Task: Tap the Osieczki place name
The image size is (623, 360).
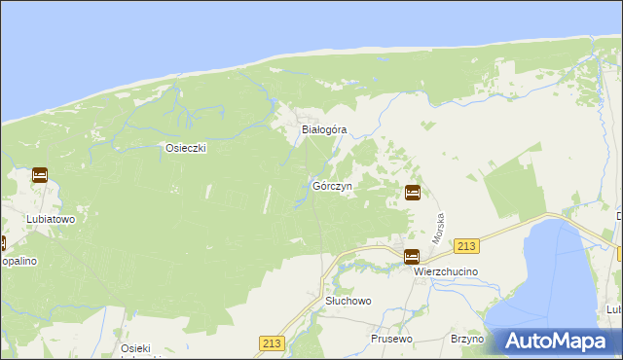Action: pyautogui.click(x=184, y=148)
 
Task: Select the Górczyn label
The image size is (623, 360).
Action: pyautogui.click(x=332, y=185)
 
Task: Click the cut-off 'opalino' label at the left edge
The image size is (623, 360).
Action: pyautogui.click(x=18, y=262)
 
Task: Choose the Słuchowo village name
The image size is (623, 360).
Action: pyautogui.click(x=348, y=302)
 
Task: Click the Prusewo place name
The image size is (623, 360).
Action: pyautogui.click(x=393, y=339)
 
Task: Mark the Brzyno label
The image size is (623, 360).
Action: pyautogui.click(x=467, y=339)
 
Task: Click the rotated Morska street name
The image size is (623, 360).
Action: pyautogui.click(x=439, y=229)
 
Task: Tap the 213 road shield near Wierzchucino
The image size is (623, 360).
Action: pyautogui.click(x=469, y=247)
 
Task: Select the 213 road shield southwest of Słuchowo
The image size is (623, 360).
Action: pyautogui.click(x=272, y=342)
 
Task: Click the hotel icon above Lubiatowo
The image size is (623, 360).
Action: pyautogui.click(x=40, y=176)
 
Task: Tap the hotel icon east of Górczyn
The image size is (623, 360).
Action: pyautogui.click(x=413, y=193)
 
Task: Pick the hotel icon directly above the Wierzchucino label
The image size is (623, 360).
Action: pyautogui.click(x=412, y=257)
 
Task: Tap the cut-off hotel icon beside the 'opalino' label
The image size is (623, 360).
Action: pyautogui.click(x=2, y=244)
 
